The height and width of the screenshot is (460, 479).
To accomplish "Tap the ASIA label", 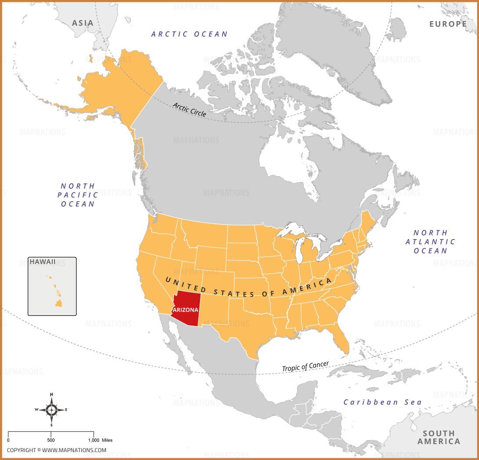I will (x=83, y=23).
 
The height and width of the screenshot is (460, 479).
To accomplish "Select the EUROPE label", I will (x=448, y=24).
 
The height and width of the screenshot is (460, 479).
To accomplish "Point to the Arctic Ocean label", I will (x=189, y=34).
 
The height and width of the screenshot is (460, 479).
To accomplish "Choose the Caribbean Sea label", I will (x=382, y=402).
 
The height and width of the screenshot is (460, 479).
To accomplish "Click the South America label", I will (x=439, y=437).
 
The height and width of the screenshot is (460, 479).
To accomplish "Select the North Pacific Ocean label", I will (x=78, y=195).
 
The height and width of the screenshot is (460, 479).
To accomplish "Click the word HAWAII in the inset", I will (x=43, y=262).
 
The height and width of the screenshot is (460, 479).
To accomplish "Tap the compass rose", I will (x=51, y=410).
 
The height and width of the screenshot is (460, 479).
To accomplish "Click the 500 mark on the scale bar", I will (x=51, y=440).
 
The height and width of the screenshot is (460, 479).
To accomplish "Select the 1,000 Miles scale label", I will (x=100, y=440).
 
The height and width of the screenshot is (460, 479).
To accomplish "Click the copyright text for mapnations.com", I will (x=56, y=450).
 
